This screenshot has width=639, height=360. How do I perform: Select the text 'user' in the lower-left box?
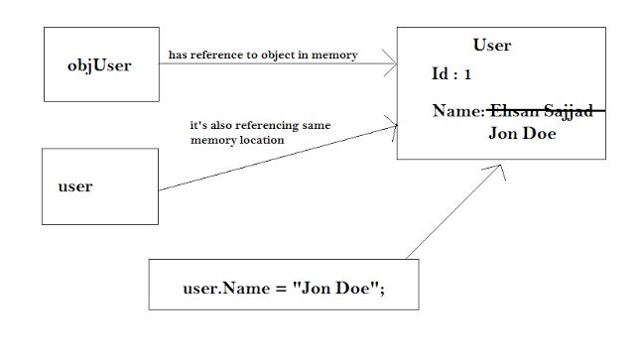(x=76, y=185)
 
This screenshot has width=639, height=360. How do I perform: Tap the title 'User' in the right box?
(x=492, y=46)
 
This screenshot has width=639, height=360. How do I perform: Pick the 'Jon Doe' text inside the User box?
(x=521, y=132)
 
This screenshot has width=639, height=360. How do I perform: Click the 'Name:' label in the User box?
(x=458, y=112)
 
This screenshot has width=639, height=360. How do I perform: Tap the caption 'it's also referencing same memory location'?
(x=260, y=134)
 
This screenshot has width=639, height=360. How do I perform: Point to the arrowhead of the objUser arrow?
(x=392, y=64)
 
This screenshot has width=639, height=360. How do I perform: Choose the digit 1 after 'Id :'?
(x=468, y=74)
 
